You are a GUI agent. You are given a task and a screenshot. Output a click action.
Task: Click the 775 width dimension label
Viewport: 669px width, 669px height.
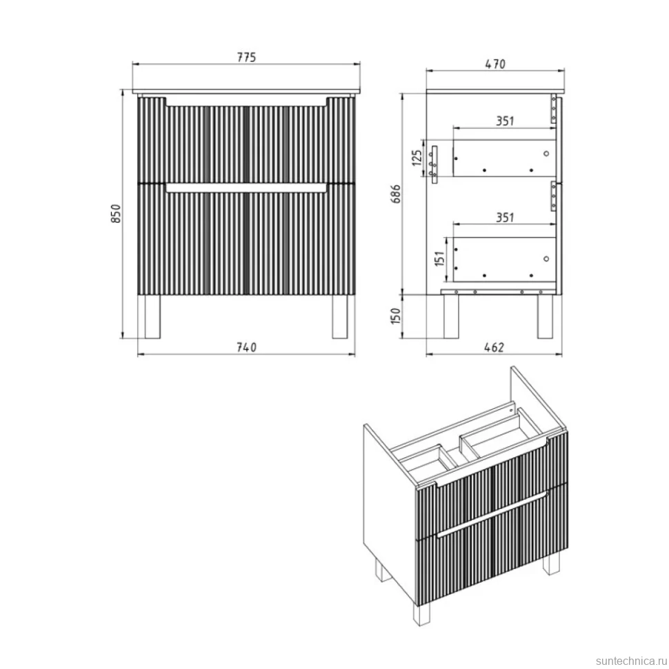coord(247,57)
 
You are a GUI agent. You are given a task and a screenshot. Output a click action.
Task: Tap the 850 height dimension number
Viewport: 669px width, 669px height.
coord(116,214)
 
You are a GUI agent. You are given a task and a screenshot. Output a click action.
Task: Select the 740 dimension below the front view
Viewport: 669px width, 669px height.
coord(247,348)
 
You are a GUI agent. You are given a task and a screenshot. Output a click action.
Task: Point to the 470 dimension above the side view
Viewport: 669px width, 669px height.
coord(495,64)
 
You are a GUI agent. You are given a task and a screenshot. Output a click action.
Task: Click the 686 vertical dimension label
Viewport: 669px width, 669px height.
coord(396,194)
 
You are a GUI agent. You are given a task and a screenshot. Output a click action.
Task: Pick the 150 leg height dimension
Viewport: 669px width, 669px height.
coord(395,316)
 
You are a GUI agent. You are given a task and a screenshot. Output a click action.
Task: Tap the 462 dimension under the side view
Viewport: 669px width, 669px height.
coord(494,348)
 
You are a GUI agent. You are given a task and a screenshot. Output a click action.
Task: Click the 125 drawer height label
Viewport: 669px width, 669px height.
coord(417,158)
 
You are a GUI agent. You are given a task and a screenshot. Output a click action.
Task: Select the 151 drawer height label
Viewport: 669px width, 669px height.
coord(440,259)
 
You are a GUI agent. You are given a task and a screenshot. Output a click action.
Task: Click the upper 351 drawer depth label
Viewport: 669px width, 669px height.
coord(505,121)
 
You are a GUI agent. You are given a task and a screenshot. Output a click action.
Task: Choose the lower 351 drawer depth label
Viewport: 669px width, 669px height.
coord(505,217)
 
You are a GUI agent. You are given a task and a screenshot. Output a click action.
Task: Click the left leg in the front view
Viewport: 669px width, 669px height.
coord(152,317)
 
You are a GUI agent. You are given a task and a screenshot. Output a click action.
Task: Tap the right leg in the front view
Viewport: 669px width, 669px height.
coord(340,317)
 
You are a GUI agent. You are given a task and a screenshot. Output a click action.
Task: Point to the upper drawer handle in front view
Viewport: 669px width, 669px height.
coord(246,102)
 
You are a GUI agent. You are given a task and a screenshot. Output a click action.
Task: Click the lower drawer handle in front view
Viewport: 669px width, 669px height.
coord(246,188)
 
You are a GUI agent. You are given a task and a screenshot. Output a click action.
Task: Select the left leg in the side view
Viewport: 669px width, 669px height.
coord(451,317)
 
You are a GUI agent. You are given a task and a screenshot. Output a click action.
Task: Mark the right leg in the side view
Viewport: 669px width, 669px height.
coord(545,317)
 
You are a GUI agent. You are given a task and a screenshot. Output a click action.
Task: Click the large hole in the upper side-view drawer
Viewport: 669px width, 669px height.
coord(546,154)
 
